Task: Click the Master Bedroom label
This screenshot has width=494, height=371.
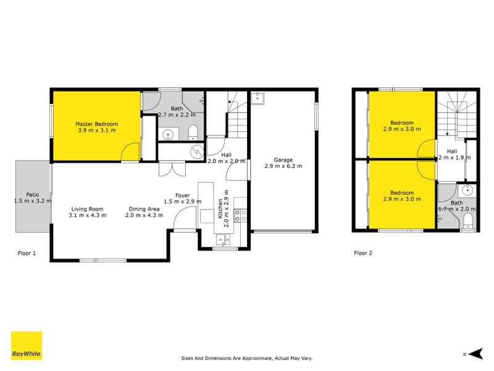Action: tap(96, 124)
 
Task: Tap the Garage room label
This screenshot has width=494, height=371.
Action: tap(283, 160)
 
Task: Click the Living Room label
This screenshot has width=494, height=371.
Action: tap(86, 208)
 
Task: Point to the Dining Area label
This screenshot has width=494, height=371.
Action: tap(144, 208)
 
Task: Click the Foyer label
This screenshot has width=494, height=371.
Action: tap(182, 195)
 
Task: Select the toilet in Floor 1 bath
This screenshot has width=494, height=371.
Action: tap(193, 130)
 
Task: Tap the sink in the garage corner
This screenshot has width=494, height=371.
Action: tap(257, 98)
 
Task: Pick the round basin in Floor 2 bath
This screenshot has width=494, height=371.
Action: tap(467, 190)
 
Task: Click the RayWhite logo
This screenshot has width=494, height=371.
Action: tap(27, 346)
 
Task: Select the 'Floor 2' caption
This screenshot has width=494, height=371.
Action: tap(363, 253)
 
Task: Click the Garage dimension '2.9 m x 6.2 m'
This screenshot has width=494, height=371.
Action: tap(283, 166)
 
